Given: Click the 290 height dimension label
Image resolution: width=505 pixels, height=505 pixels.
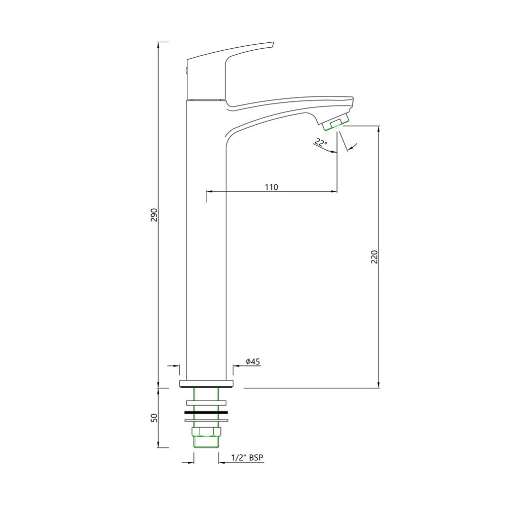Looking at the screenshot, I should point(154,214).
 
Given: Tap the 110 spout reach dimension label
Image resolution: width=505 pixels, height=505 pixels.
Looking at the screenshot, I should point(271,187).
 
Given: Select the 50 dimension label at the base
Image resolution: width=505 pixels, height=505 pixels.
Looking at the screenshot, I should point(154,418).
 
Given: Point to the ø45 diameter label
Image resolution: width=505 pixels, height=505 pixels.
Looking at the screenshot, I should point(252,362).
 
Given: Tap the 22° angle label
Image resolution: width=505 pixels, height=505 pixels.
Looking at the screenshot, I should point(321,144).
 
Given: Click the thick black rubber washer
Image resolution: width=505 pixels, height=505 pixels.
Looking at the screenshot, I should point(206,412).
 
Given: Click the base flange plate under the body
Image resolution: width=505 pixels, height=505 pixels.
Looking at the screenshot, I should point(206,384).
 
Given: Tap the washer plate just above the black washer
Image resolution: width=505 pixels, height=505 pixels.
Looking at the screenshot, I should point(206,402).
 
